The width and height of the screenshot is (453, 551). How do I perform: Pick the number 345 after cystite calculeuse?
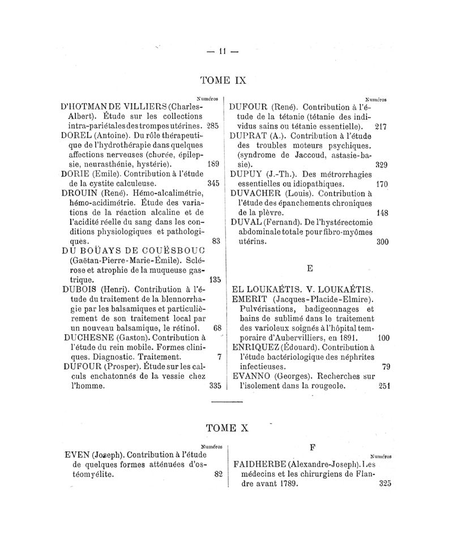click(x=213, y=184)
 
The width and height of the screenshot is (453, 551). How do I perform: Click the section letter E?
click(x=309, y=268)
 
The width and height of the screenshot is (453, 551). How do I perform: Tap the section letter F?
click(x=313, y=446)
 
